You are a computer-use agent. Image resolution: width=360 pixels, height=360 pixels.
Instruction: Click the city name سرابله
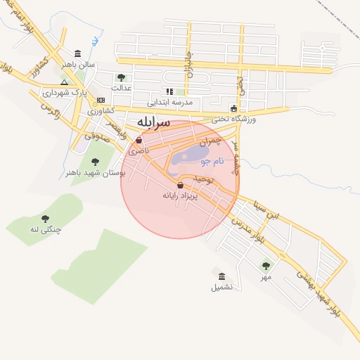pos(153,122)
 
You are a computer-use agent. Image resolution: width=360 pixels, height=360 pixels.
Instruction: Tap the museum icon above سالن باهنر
pos(77,53)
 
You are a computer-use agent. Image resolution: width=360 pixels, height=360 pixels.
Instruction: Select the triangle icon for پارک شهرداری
pos(64,82)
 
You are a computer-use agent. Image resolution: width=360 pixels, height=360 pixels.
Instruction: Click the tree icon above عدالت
pos(122,77)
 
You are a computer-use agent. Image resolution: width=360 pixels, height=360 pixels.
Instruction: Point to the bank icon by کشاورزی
pos(101,100)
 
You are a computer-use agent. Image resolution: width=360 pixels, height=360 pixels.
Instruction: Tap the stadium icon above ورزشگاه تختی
pos(234,108)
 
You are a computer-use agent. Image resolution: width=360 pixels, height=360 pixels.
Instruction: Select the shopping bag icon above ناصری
pos(139,141)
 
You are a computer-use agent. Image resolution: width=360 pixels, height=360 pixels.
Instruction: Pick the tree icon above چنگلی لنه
pos(46,219)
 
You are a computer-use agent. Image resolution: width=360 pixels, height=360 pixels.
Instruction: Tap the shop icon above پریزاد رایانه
pos(181,185)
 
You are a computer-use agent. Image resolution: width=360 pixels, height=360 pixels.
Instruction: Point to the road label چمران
pos(210,141)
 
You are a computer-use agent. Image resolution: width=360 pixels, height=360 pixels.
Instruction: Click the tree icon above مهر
pos(266,265)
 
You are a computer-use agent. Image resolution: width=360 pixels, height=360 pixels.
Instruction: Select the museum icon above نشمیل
pos(222,276)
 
